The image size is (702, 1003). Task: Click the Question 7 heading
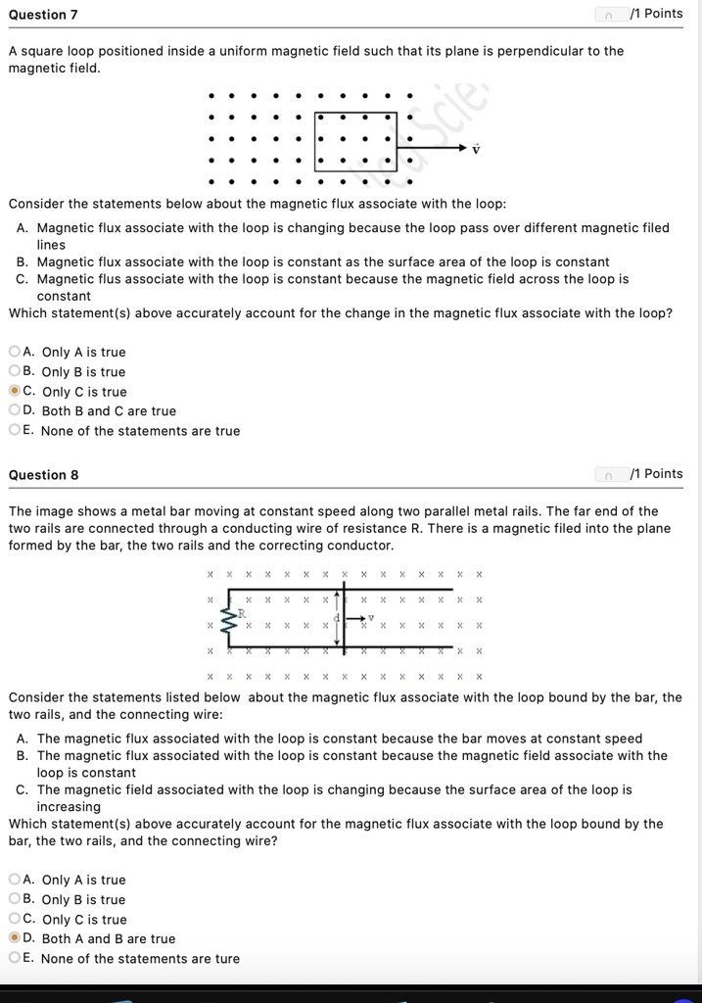click(x=43, y=15)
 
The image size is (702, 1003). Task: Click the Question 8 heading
click(x=43, y=475)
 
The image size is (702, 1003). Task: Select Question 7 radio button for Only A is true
click(x=14, y=352)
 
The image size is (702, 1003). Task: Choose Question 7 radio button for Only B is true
click(x=14, y=371)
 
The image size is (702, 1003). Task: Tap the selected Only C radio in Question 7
click(x=14, y=391)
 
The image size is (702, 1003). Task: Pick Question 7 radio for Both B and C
click(x=14, y=410)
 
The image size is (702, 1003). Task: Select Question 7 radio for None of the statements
click(x=14, y=430)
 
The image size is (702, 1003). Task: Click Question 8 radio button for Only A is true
click(x=14, y=880)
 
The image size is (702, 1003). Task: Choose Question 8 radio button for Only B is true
click(x=14, y=899)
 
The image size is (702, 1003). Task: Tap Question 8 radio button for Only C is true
click(x=14, y=919)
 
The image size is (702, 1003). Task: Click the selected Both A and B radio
click(x=14, y=938)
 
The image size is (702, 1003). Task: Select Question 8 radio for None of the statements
click(x=14, y=958)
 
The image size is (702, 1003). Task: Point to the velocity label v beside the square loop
click(x=477, y=149)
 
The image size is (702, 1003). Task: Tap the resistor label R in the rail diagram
click(x=242, y=612)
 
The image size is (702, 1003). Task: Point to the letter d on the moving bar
click(x=335, y=617)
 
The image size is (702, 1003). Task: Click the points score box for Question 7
click(x=610, y=14)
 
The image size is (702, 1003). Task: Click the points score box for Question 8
click(x=610, y=474)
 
